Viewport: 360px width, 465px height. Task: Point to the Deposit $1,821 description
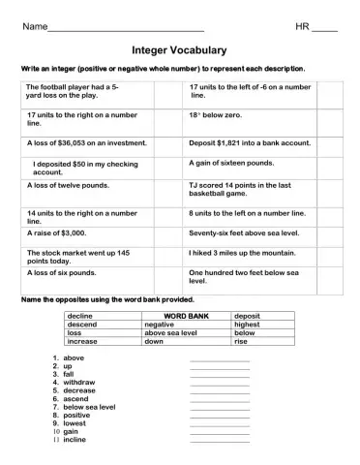click(x=250, y=141)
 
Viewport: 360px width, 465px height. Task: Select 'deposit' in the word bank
click(x=249, y=316)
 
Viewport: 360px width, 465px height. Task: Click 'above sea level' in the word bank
click(x=170, y=332)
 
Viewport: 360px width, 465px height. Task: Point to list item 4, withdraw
click(x=79, y=383)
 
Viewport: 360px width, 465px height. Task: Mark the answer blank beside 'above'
click(x=220, y=359)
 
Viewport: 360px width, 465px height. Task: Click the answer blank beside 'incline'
click(x=220, y=441)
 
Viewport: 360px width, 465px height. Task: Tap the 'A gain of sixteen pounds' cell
click(x=231, y=163)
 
